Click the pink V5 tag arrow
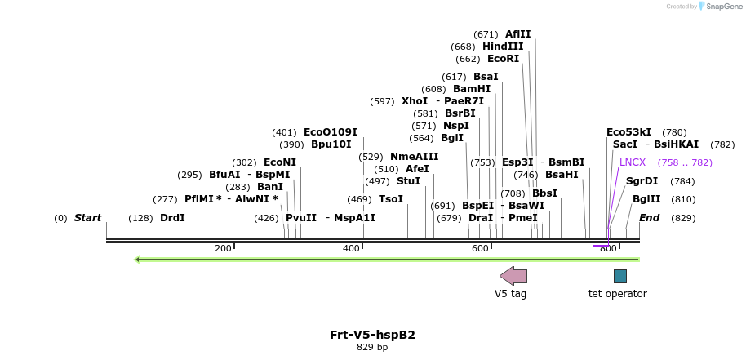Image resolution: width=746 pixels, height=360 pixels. [x=513, y=276]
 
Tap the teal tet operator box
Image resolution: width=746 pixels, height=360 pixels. [x=620, y=276]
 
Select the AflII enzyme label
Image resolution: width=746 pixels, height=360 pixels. [x=517, y=34]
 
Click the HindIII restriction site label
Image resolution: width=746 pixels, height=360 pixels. [x=503, y=47]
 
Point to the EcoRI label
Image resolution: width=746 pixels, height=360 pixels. [x=503, y=59]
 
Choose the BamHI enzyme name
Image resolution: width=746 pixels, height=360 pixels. [x=472, y=89]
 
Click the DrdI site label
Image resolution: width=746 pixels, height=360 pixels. [x=172, y=218]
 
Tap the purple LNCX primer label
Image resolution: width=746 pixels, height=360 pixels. [x=633, y=162]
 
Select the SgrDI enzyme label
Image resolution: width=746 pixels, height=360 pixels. [x=642, y=181]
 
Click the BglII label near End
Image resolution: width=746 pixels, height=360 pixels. [x=646, y=199]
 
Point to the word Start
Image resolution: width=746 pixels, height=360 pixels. [x=87, y=218]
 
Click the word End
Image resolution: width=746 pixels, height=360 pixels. [x=649, y=218]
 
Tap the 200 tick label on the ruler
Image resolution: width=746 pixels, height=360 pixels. [x=223, y=248]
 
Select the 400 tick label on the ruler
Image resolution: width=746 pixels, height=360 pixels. [x=351, y=248]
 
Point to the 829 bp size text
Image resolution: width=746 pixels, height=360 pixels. [x=372, y=348]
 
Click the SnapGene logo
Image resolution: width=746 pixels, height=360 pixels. [x=718, y=7]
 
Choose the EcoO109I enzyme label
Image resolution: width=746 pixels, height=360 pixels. [x=330, y=132]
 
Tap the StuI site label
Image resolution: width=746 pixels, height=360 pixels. [x=408, y=181]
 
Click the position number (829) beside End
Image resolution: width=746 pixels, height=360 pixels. [x=683, y=218]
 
